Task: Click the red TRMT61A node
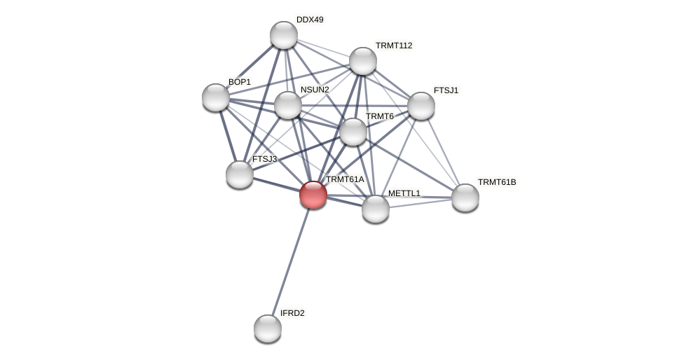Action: [x=313, y=195]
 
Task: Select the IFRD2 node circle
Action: [x=268, y=328]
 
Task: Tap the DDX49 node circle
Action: [x=284, y=35]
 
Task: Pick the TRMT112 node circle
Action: [x=363, y=61]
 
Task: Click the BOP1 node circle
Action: [x=216, y=97]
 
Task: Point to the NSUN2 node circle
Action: [x=288, y=105]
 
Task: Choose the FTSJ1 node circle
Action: [x=421, y=106]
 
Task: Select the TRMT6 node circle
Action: [x=353, y=132]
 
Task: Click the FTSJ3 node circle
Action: [x=240, y=174]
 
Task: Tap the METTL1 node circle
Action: [x=376, y=209]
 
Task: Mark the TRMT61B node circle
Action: [x=465, y=198]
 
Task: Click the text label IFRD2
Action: [x=292, y=313]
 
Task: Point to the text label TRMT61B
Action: [x=497, y=182]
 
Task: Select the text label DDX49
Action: [x=310, y=20]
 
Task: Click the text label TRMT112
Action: [x=394, y=46]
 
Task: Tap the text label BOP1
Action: [x=240, y=82]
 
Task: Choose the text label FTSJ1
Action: [x=446, y=90]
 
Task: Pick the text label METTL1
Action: [x=404, y=193]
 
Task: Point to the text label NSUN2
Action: [x=315, y=90]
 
